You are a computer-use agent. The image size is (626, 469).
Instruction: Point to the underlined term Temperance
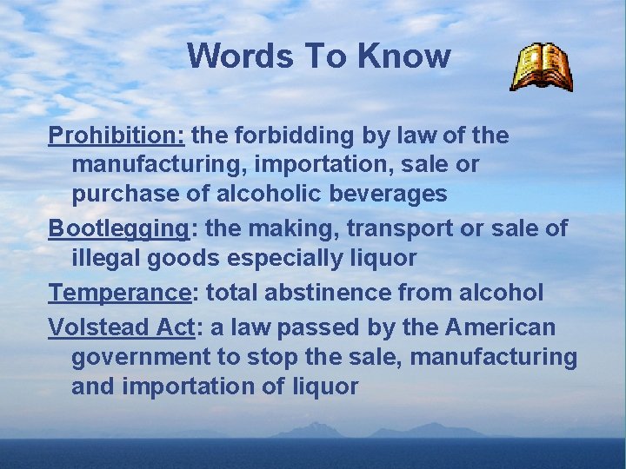(118, 293)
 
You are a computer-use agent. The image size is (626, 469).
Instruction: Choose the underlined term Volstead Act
(122, 327)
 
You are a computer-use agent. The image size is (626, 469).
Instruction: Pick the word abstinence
(333, 293)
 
